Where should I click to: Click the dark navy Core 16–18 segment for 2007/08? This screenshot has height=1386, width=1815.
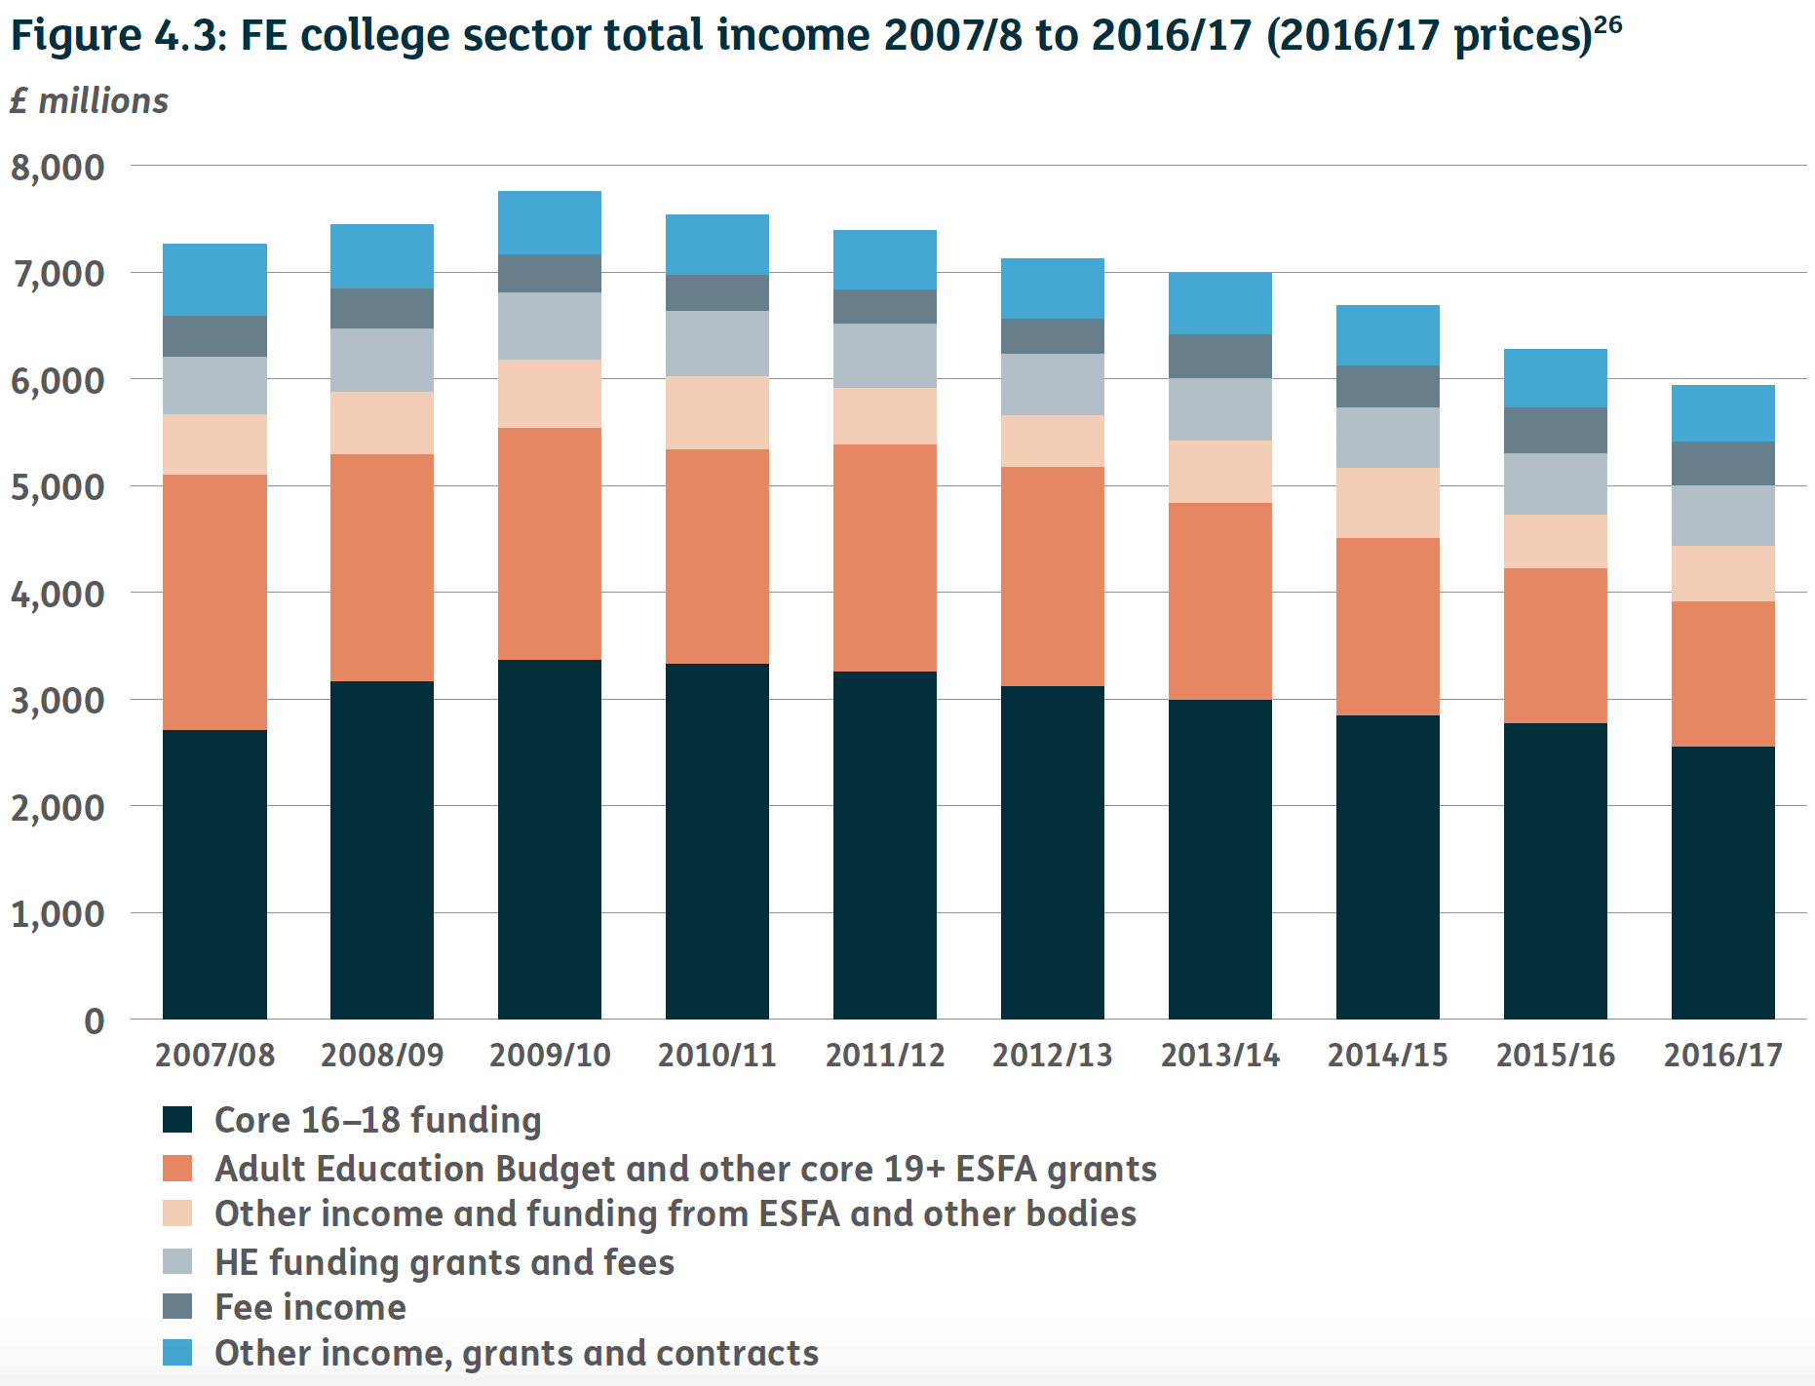tap(214, 873)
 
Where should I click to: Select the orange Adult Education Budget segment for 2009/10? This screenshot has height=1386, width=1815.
tap(550, 543)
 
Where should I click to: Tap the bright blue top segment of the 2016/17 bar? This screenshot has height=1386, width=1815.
tap(1722, 412)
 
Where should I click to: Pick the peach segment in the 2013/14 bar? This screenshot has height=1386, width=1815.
tap(1219, 471)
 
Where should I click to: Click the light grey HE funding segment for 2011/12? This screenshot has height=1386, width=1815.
tap(884, 355)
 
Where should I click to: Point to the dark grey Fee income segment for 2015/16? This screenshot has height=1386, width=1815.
tap(1555, 429)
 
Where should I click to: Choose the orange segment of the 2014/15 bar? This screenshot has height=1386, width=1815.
tap(1387, 626)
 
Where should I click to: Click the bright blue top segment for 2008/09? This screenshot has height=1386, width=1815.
tap(382, 255)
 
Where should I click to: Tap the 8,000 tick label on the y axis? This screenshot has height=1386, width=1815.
tap(58, 168)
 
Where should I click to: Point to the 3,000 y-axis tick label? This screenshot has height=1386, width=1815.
tap(58, 701)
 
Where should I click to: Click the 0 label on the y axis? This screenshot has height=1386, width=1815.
tap(94, 1020)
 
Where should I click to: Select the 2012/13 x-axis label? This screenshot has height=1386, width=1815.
tap(1052, 1055)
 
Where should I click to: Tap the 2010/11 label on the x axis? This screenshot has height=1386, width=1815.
tap(716, 1055)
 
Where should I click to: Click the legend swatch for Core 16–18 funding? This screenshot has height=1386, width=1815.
tap(177, 1119)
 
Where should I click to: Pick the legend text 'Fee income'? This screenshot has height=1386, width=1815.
tap(310, 1307)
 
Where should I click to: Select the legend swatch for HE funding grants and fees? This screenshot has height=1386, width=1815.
tap(177, 1261)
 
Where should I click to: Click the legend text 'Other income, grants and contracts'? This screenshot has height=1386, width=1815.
tap(516, 1353)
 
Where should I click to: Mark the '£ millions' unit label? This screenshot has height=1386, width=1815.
tap(89, 101)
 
